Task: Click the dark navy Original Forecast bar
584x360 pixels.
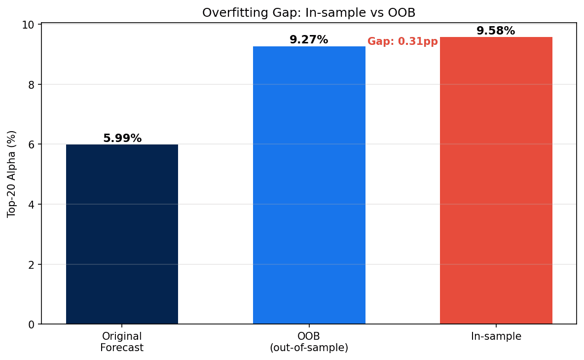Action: [x=122, y=234]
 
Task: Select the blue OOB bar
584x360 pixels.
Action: [x=309, y=185]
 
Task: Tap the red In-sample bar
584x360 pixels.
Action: [x=496, y=180]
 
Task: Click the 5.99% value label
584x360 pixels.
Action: [x=122, y=139]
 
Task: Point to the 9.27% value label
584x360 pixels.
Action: [x=309, y=40]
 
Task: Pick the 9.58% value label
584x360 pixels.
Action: [x=496, y=31]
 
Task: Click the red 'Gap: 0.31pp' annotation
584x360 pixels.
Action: [x=402, y=41]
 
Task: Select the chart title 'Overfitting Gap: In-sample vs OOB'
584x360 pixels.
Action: [x=309, y=13]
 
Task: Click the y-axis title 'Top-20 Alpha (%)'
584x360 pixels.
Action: [x=12, y=174]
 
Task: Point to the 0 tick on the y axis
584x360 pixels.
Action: [x=31, y=324]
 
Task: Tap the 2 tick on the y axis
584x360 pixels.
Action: [x=31, y=264]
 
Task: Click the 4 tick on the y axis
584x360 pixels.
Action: [x=31, y=204]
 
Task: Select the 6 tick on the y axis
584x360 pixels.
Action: [x=31, y=144]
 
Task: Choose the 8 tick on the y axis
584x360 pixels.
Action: [x=31, y=84]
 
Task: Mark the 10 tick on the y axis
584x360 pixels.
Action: [x=29, y=25]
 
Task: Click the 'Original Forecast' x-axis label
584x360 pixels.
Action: [x=122, y=342]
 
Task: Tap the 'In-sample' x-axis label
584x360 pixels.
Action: [x=496, y=336]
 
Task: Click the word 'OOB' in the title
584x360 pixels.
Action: [x=403, y=13]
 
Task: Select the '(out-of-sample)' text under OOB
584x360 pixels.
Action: [x=309, y=348]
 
